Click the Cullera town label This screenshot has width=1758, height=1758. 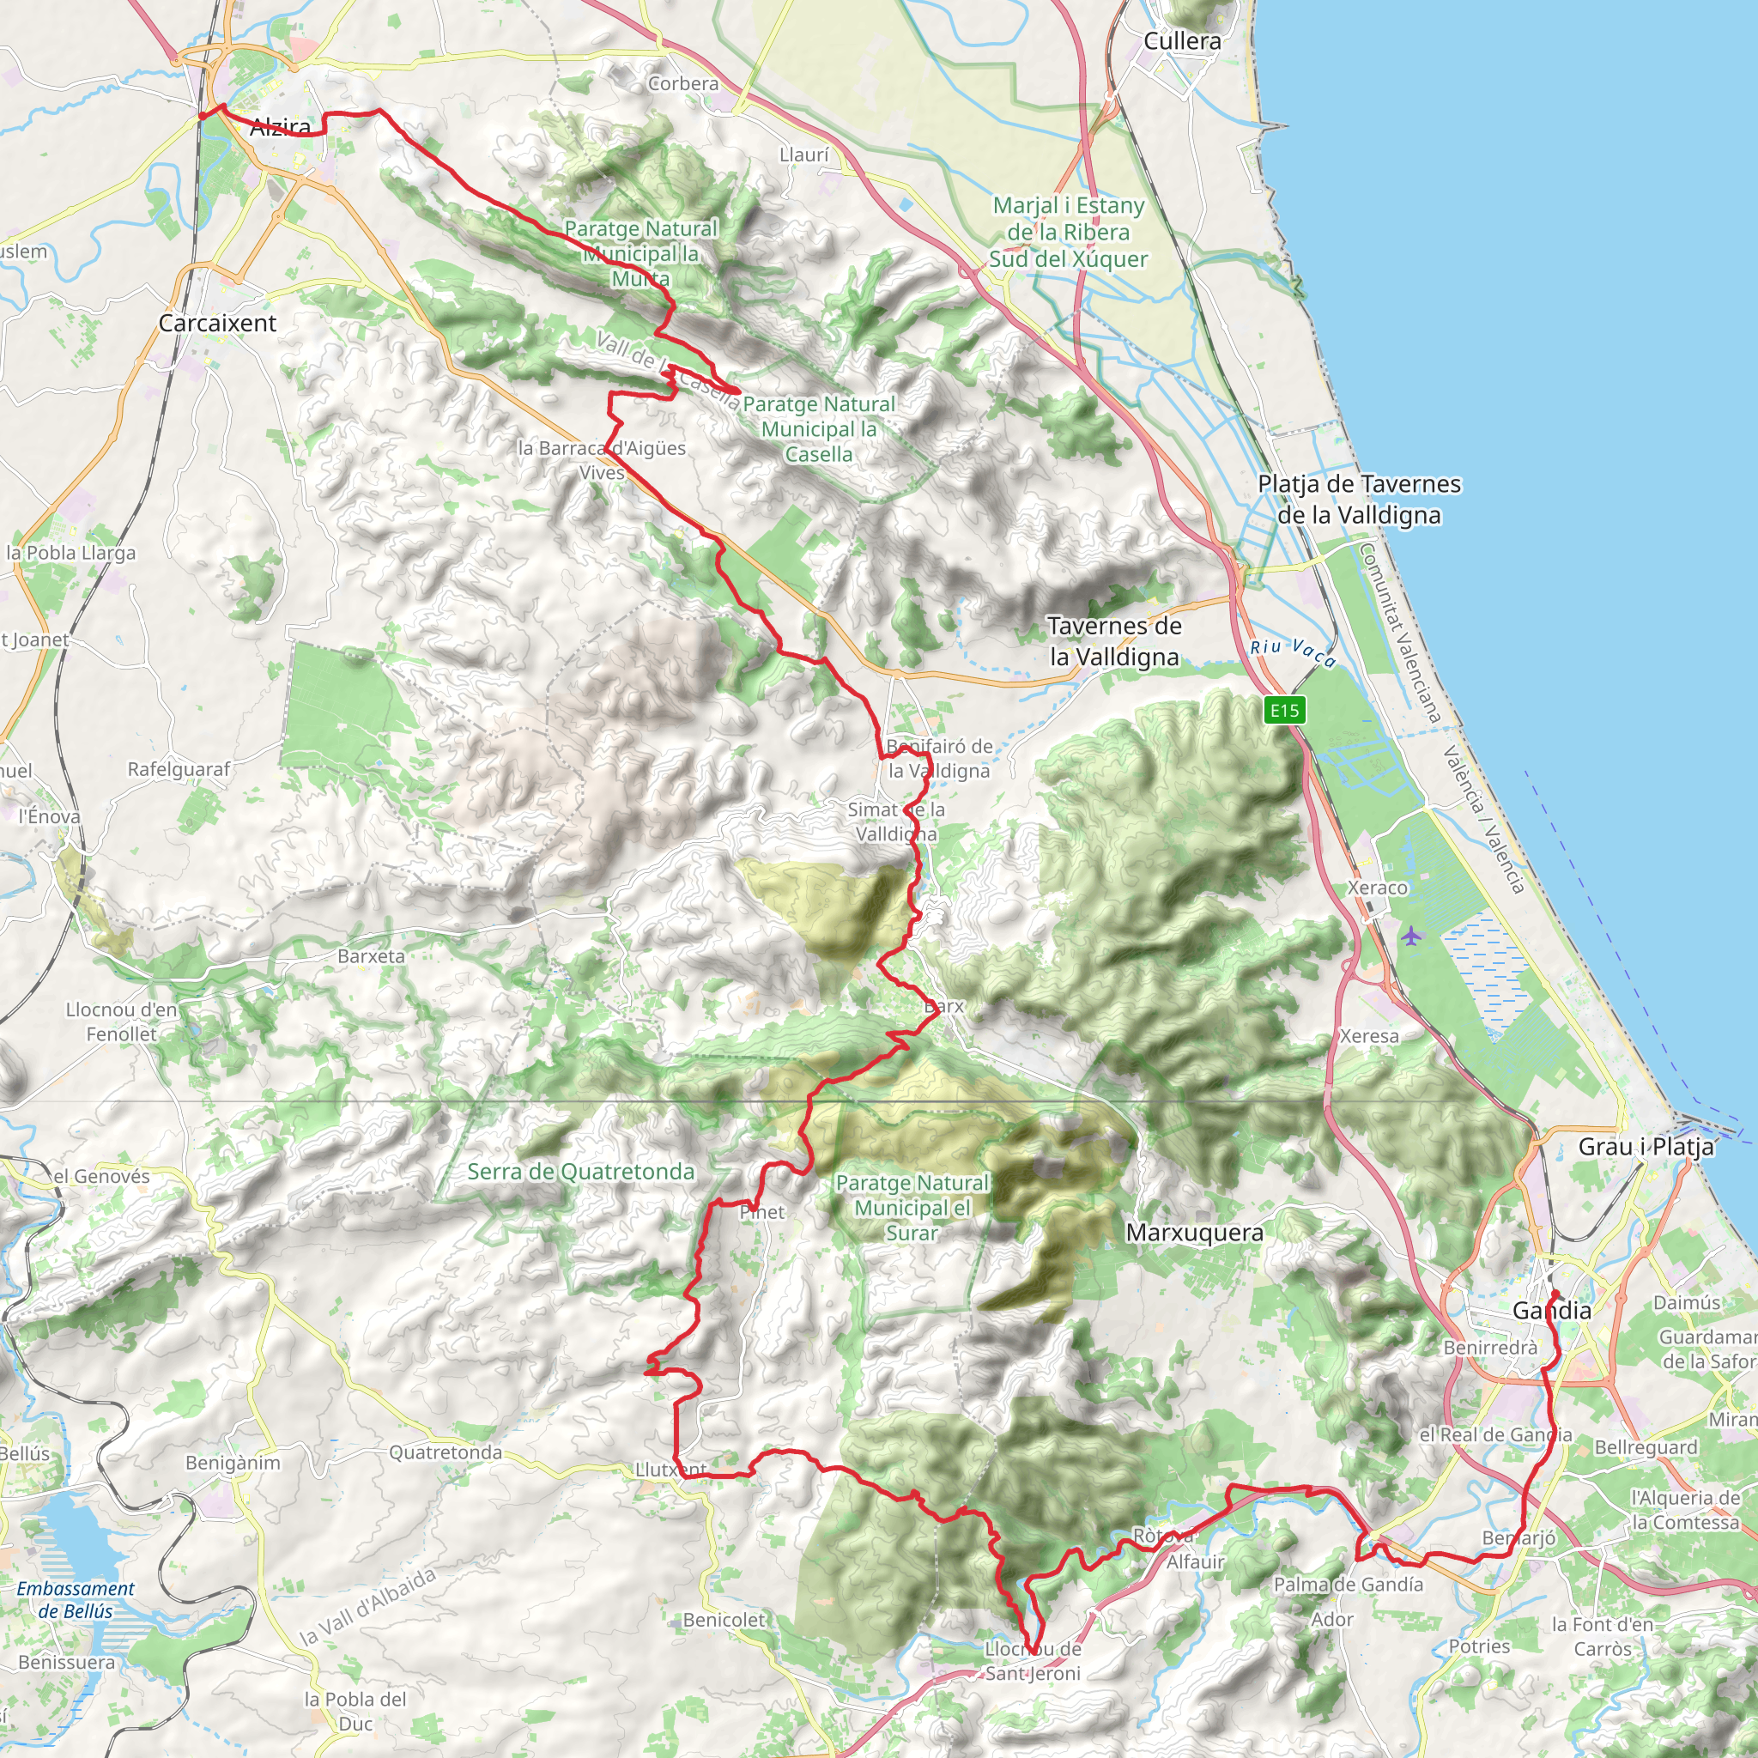coord(1182,41)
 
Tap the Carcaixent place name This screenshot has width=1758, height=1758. coord(217,323)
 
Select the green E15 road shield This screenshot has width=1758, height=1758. coord(1284,710)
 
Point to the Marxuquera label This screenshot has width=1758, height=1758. coord(1194,1233)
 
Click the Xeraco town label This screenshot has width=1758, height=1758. coord(1377,888)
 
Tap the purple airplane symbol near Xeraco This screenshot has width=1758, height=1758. coord(1410,936)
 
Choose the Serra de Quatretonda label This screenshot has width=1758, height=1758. coord(580,1171)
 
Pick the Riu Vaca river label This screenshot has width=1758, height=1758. coord(1292,652)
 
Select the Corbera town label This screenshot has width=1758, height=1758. coord(683,84)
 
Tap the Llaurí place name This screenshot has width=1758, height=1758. coord(804,155)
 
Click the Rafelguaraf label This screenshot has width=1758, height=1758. coord(179,769)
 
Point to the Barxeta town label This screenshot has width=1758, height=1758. coord(370,955)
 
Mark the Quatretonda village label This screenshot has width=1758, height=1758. coord(445,1452)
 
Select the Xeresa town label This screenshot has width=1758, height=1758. coord(1369,1035)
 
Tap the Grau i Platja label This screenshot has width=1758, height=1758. coord(1646,1147)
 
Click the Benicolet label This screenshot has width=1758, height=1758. coord(724,1619)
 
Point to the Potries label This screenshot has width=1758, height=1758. coord(1479,1646)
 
